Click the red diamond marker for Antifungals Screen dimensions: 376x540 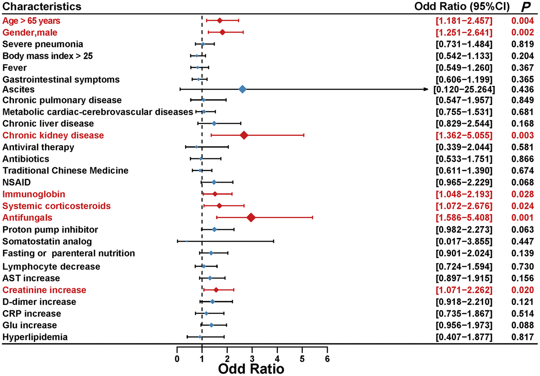click(x=251, y=218)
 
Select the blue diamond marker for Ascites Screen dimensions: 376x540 click(x=242, y=90)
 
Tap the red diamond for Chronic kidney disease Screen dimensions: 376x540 click(x=244, y=135)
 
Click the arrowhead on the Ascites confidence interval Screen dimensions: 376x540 click(x=425, y=90)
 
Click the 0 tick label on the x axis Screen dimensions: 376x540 click(x=177, y=358)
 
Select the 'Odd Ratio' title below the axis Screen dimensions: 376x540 click(x=251, y=369)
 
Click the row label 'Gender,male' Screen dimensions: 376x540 click(x=30, y=32)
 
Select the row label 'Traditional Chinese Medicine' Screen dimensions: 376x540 click(x=65, y=170)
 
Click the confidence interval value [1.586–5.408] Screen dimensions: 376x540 click(x=463, y=218)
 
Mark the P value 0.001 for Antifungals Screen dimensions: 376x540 click(x=522, y=218)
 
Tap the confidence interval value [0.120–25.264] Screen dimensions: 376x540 click(x=463, y=90)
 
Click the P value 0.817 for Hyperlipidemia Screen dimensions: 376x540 click(x=522, y=337)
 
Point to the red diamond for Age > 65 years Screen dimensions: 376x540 click(x=220, y=20)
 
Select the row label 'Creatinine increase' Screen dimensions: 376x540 click(x=44, y=290)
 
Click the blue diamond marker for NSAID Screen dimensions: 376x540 click(x=214, y=182)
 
